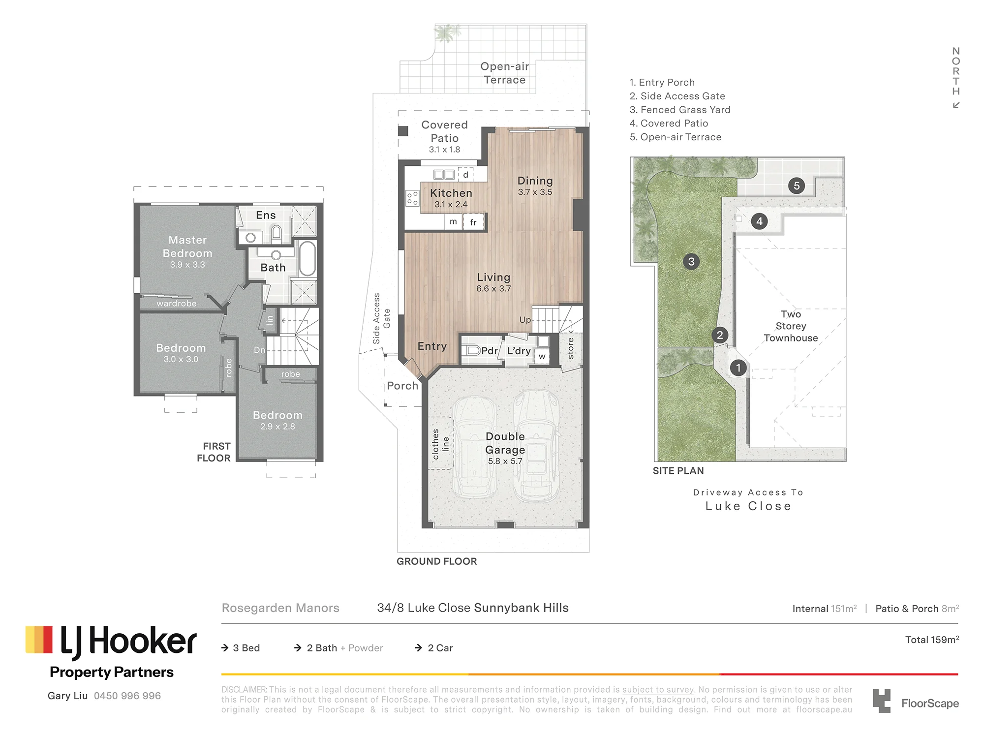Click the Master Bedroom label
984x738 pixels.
187,246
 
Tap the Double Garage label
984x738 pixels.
505,443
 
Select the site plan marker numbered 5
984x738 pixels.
797,186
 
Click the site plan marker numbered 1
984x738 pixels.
738,368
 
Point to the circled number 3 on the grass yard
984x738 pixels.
691,261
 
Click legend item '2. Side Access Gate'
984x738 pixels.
677,96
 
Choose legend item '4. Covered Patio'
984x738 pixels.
669,123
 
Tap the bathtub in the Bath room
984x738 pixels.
307,258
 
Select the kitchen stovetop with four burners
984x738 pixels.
412,198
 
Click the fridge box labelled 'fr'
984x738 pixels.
473,222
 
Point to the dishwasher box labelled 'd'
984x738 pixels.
465,174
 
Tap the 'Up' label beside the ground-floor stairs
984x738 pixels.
525,320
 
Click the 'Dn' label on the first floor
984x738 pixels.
259,350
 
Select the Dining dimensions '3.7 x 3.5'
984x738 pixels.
535,192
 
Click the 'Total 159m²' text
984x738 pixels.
932,640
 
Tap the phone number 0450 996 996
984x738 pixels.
127,696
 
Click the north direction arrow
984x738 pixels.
956,105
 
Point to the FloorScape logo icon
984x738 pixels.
882,701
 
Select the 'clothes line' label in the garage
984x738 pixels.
440,444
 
